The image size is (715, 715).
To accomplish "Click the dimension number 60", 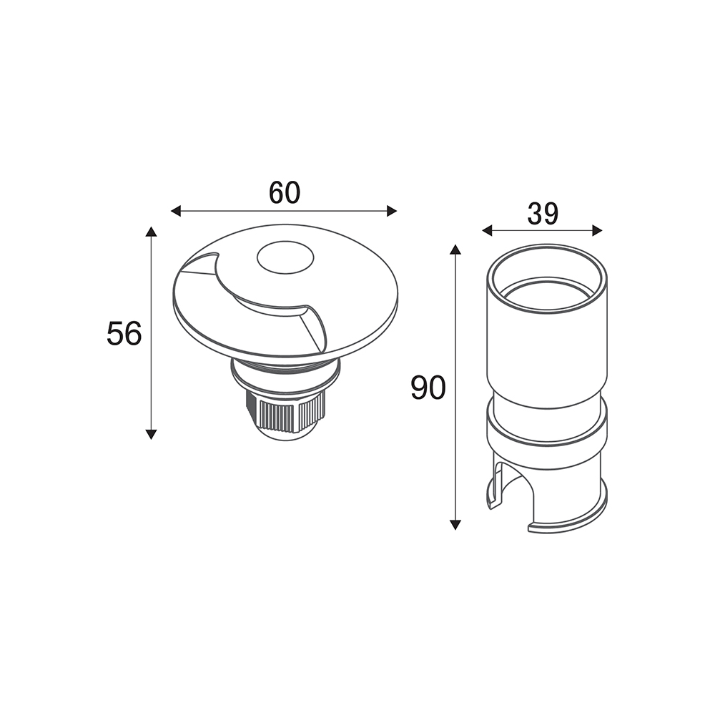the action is pos(285,192).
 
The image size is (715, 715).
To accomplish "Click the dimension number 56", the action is pos(124,333).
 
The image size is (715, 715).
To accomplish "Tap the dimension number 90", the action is pos(428,388).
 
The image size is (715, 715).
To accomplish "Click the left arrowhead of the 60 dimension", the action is pos(176,211).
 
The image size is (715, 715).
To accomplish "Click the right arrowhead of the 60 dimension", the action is pos(392,211).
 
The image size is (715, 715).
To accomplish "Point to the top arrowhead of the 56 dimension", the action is pos(151,231).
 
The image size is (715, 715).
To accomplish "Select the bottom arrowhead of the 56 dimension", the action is pos(151,434).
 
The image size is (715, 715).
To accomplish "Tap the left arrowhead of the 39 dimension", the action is pos(488,231).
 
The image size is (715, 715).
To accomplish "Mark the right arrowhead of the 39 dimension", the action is pos(597,231).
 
